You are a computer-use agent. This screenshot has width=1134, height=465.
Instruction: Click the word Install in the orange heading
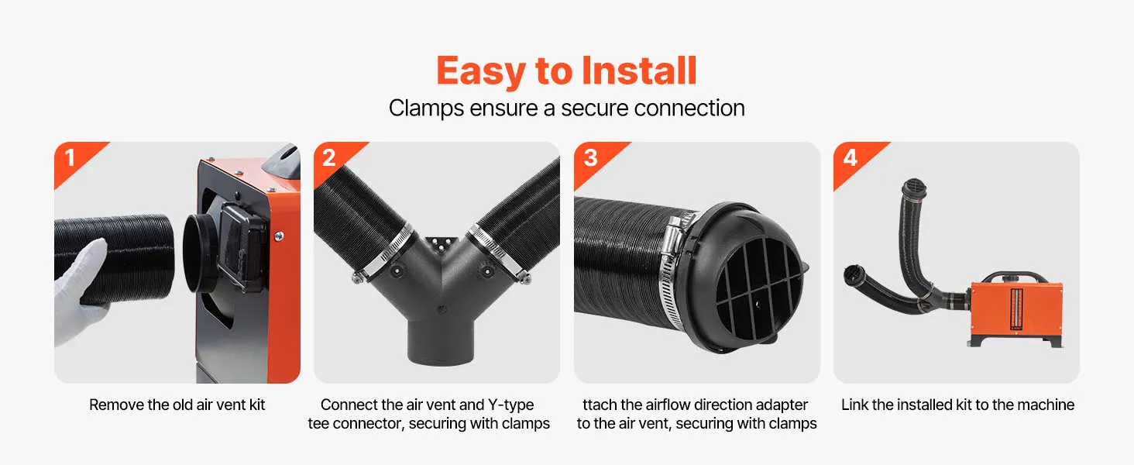click(639, 71)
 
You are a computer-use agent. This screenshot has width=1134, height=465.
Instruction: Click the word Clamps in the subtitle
click(426, 108)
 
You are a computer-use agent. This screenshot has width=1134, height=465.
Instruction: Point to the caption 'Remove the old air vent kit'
click(177, 405)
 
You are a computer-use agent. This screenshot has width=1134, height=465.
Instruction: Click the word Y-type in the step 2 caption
click(510, 405)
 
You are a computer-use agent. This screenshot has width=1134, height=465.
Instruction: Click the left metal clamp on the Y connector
click(385, 253)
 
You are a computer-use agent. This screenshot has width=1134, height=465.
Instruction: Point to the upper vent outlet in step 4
click(914, 188)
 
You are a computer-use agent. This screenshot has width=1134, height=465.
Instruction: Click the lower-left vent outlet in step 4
click(854, 275)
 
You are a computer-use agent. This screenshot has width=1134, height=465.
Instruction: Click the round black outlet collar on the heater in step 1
click(199, 253)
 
